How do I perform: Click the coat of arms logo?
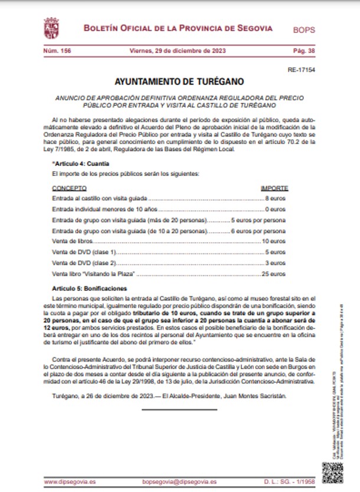51,28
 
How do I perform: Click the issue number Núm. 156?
57,51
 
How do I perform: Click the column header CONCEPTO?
69,188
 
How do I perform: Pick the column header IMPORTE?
274,188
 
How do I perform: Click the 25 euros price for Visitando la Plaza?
274,274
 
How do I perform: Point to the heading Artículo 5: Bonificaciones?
89,288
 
